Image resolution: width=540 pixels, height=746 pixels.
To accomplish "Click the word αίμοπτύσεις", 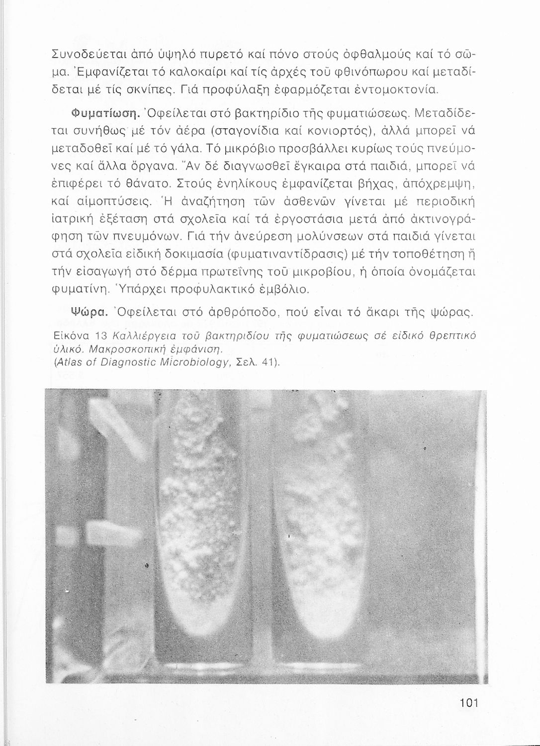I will click(x=112, y=202).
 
